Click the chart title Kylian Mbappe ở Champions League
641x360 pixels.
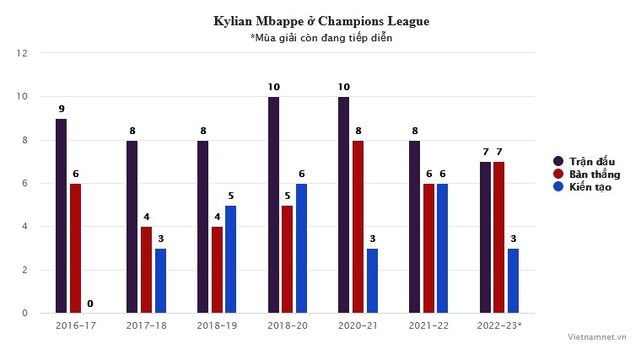[321, 21]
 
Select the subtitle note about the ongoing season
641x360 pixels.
[321, 38]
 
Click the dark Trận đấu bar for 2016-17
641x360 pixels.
[62, 216]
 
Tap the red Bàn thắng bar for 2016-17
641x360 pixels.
[76, 248]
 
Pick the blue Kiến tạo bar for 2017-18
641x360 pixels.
[160, 281]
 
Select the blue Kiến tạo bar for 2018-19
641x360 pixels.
[231, 259]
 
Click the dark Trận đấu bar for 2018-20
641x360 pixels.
[273, 205]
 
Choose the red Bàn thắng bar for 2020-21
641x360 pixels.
[358, 227]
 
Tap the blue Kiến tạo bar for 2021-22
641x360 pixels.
[443, 248]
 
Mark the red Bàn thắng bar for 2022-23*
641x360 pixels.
[499, 237]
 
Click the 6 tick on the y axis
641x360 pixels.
[24, 183]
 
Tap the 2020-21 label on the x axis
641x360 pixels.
[358, 325]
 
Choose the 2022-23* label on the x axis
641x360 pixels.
[500, 325]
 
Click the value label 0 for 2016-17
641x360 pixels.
[89, 304]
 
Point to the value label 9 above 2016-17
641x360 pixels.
[62, 109]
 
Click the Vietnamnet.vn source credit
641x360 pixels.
[596, 336]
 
